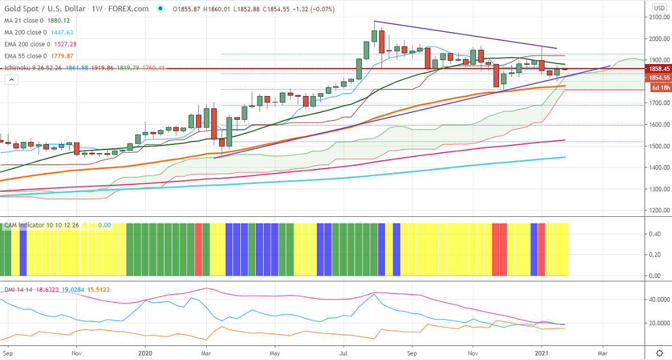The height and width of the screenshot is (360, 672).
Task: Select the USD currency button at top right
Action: (x=659, y=8)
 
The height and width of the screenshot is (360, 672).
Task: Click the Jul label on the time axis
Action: (x=343, y=354)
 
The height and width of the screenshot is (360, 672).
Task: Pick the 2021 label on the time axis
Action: (x=542, y=354)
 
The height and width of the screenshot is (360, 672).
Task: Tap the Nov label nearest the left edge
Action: (x=78, y=354)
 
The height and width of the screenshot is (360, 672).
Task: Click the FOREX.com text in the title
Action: (x=134, y=8)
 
